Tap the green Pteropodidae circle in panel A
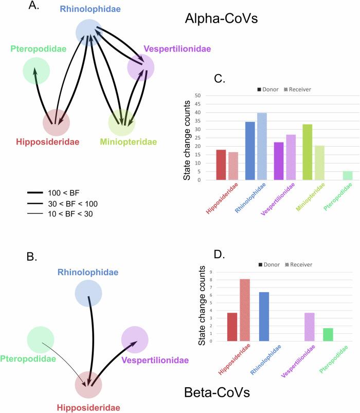coord(36,71)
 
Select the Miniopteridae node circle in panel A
coord(122,122)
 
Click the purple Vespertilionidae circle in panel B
coord(135,339)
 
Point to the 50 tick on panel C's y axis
coord(204,96)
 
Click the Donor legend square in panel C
coord(260,89)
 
